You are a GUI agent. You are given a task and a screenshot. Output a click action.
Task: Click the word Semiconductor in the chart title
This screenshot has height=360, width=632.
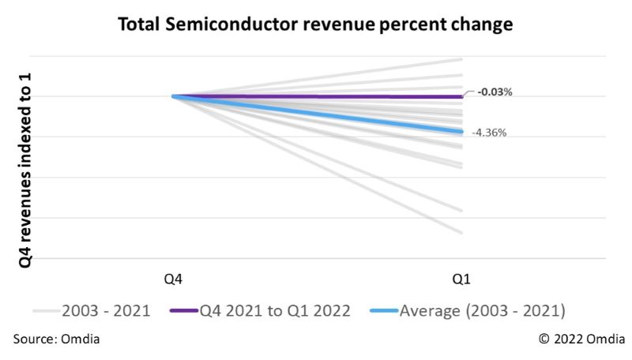click(x=229, y=24)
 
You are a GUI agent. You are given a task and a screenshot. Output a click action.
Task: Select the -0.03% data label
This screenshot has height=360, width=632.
click(x=494, y=92)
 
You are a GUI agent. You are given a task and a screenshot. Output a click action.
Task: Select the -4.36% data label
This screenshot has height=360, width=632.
click(x=489, y=133)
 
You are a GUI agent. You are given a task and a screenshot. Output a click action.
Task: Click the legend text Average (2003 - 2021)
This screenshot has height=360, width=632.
click(x=482, y=310)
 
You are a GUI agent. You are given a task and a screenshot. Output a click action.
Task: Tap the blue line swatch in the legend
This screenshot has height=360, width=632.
click(x=384, y=311)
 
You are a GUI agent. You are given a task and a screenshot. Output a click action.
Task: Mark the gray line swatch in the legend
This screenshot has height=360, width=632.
click(x=46, y=311)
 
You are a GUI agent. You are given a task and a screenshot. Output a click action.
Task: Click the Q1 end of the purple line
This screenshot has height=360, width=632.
click(x=461, y=96)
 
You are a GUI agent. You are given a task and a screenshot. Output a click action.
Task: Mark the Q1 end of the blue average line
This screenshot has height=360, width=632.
click(x=461, y=131)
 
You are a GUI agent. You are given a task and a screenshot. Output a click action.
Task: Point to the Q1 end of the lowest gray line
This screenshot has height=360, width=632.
click(x=461, y=232)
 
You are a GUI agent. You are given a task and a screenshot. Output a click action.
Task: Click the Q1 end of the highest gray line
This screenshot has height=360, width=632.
click(x=461, y=59)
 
